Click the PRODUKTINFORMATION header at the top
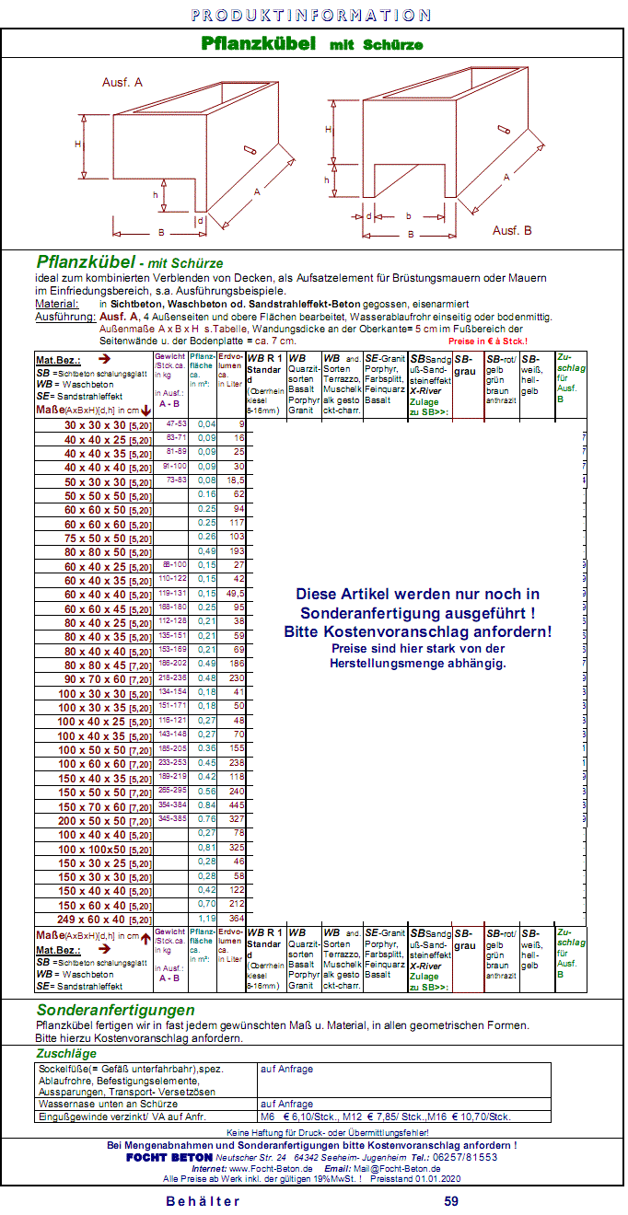pyautogui.click(x=311, y=15)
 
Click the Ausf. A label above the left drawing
pyautogui.click(x=122, y=82)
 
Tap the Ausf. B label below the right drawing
pyautogui.click(x=512, y=230)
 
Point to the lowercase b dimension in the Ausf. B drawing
pyautogui.click(x=408, y=217)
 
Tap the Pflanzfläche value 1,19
pyautogui.click(x=206, y=919)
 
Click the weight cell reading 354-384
pyautogui.click(x=172, y=805)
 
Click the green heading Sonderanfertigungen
pyautogui.click(x=115, y=1011)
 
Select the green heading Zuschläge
pyautogui.click(x=66, y=1054)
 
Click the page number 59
pyautogui.click(x=451, y=1200)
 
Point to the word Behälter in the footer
pyautogui.click(x=203, y=1200)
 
